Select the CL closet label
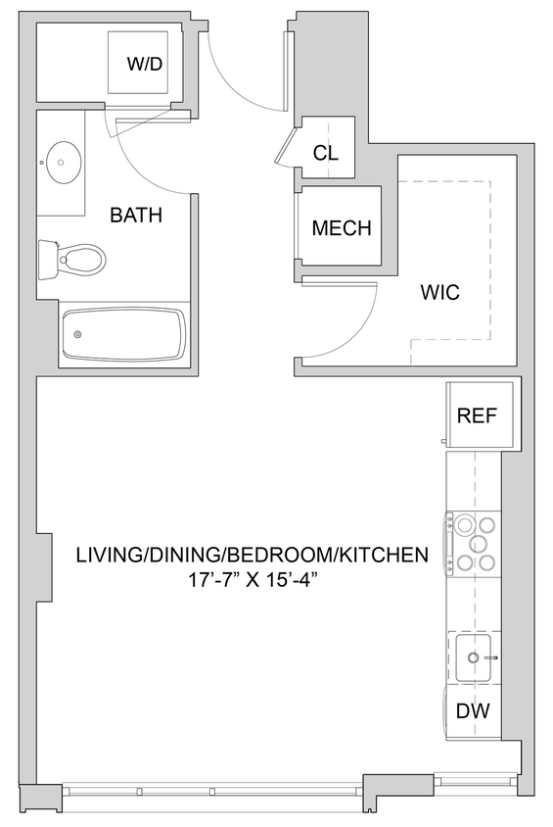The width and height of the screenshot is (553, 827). pos(325,153)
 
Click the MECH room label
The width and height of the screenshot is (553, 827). pos(341,228)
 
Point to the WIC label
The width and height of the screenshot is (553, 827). pos(439,292)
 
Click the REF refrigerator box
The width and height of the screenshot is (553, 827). pos(478,415)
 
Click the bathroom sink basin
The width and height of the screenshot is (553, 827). pos(64,160)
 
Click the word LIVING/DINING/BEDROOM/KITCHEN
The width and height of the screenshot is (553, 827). pos(253,555)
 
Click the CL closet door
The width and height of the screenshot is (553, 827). pos(287,147)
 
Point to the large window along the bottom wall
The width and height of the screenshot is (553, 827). pos(210,790)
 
